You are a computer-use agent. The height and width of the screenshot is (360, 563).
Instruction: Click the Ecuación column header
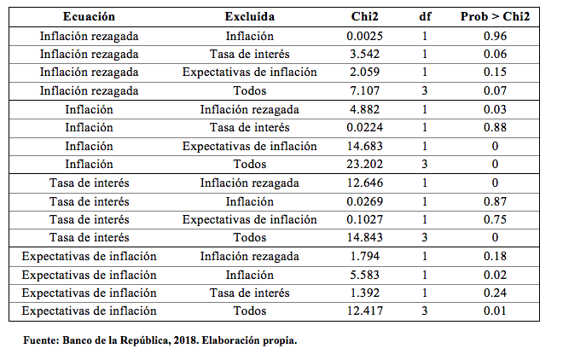point(89,16)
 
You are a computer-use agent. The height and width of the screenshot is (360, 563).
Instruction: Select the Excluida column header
point(249,16)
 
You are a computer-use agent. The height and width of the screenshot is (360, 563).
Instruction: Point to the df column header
point(424,16)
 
